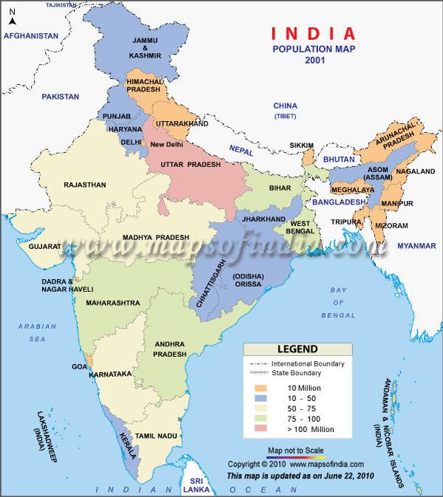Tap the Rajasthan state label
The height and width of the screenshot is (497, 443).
tap(85, 185)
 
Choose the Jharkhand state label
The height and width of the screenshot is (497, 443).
tap(259, 220)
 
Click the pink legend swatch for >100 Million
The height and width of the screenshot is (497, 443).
tap(261, 429)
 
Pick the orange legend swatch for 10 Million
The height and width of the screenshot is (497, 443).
tap(261, 388)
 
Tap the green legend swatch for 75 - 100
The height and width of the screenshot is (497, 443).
tap(261, 419)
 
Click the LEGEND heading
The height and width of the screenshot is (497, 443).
tap(297, 349)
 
